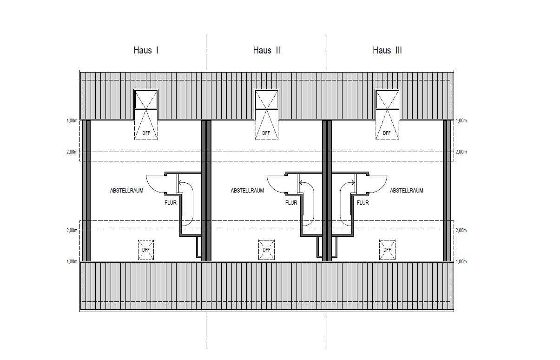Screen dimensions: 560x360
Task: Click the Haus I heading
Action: click(146, 50)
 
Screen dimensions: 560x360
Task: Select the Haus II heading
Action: click(266, 50)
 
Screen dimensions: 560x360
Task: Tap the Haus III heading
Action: click(387, 50)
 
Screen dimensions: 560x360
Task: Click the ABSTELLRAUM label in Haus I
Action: click(127, 191)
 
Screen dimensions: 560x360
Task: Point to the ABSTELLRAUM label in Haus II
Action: click(247, 191)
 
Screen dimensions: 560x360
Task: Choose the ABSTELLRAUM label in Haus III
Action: click(407, 191)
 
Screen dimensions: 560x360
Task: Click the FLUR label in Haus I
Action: click(171, 203)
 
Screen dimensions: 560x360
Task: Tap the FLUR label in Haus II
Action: click(291, 203)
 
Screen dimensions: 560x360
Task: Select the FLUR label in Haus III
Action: click(363, 203)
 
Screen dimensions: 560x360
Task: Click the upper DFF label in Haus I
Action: click(146, 133)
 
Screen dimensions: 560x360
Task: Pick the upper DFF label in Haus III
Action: click(387, 133)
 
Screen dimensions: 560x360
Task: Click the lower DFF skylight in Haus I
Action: click(146, 250)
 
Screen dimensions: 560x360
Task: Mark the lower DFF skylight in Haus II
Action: click(266, 250)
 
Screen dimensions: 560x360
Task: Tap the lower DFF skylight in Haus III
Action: click(387, 250)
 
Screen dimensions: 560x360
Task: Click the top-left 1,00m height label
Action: click(72, 121)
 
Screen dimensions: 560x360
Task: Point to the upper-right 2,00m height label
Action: click(461, 152)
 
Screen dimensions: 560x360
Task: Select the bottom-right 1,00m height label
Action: click(461, 262)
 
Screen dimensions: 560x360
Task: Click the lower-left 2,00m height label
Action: click(72, 230)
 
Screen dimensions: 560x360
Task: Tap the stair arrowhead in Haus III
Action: click(353, 183)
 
